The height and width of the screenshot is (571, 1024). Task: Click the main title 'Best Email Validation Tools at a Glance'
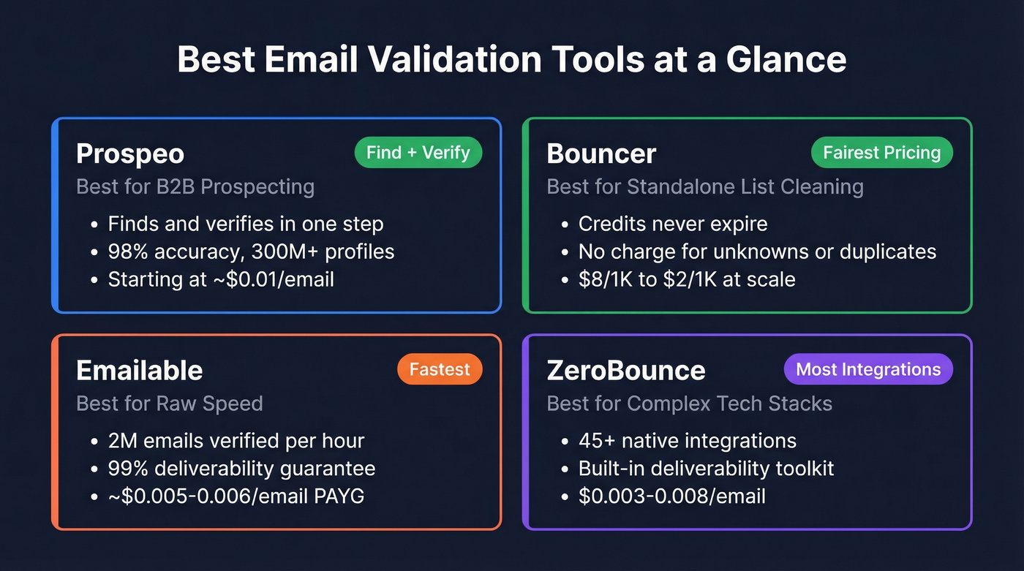pos(511,60)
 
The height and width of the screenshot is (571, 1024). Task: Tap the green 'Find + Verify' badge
pos(418,153)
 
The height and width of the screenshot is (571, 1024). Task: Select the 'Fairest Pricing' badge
pos(881,153)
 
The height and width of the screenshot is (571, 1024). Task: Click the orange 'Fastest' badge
pos(440,369)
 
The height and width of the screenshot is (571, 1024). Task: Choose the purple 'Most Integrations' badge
pos(868,369)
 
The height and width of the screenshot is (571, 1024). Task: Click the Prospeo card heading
pos(130,154)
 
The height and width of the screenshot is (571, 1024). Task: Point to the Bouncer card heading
pos(601,154)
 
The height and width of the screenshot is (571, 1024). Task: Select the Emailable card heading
pos(139,370)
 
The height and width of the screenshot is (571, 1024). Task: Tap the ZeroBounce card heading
pos(626,370)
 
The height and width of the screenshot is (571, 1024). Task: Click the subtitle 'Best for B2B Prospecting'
pos(195,186)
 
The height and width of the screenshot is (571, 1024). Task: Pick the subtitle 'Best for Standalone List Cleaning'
pos(705,186)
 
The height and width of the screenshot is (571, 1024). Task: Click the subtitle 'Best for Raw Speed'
pos(169,403)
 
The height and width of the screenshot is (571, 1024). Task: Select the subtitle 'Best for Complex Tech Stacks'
pos(689,403)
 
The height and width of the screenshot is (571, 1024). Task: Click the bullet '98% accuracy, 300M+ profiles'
pos(251,252)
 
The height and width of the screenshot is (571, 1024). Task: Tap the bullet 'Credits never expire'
pos(673,224)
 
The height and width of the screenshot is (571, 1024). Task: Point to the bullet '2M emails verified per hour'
pos(236,441)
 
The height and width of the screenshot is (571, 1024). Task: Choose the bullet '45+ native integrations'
pos(687,441)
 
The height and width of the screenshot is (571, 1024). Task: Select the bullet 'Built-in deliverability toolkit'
pos(706,469)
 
